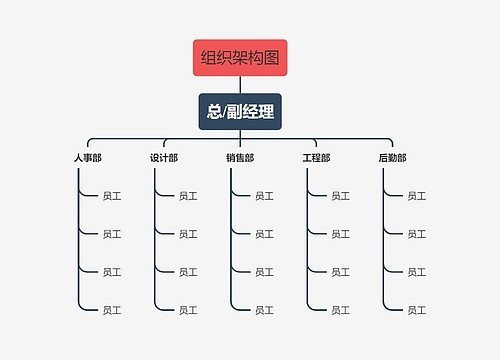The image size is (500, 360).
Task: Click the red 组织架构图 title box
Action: pyautogui.click(x=240, y=58)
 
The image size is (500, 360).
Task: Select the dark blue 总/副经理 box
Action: pyautogui.click(x=240, y=112)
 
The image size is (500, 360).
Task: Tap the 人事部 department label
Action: pyautogui.click(x=87, y=158)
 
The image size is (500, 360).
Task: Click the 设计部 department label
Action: pyautogui.click(x=164, y=158)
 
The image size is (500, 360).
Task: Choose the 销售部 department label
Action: pyautogui.click(x=240, y=158)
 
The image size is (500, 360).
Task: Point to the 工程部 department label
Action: pyautogui.click(x=316, y=158)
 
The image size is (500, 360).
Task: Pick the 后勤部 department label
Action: pyautogui.click(x=392, y=158)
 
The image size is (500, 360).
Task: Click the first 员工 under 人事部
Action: pyautogui.click(x=112, y=196)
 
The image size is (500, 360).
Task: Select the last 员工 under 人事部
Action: pyautogui.click(x=112, y=310)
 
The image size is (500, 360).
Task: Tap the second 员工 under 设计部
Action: pyautogui.click(x=188, y=234)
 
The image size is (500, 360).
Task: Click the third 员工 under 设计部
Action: pyautogui.click(x=188, y=272)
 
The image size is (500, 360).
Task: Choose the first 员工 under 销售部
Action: pyautogui.click(x=264, y=196)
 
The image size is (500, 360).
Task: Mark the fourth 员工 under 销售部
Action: pyautogui.click(x=264, y=310)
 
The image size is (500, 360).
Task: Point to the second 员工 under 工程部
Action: pyautogui.click(x=340, y=234)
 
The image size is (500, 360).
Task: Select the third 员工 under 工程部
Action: pyautogui.click(x=340, y=272)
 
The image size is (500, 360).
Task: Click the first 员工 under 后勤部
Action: pyautogui.click(x=416, y=196)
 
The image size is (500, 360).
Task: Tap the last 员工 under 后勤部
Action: pyautogui.click(x=416, y=310)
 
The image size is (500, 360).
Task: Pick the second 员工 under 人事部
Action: pyautogui.click(x=112, y=234)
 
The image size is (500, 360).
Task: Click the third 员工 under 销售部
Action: pyautogui.click(x=264, y=272)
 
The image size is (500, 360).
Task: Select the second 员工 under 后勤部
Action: pyautogui.click(x=416, y=234)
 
